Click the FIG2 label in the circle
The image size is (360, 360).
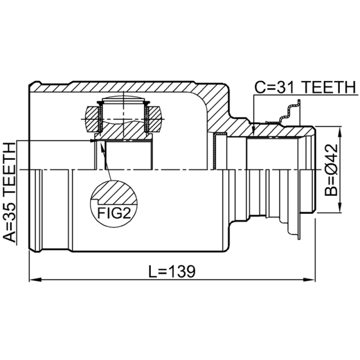click(114, 213)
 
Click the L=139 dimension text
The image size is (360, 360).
click(172, 271)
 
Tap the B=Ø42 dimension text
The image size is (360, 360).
click(331, 170)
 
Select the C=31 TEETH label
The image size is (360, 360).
click(305, 87)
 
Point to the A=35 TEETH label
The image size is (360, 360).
click(10, 193)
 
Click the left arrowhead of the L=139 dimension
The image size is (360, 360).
click(35, 280)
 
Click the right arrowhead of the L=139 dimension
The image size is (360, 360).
click(310, 280)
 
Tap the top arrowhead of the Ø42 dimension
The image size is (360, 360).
click(340, 131)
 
